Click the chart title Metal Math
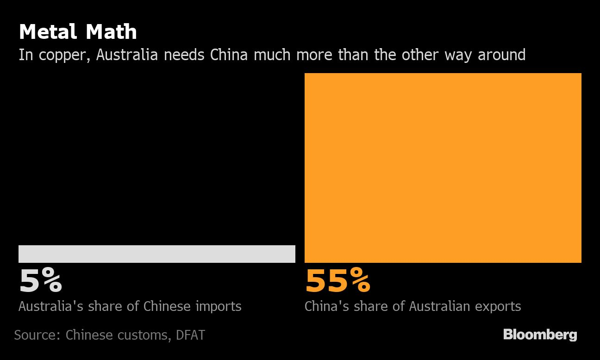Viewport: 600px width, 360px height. click(x=78, y=32)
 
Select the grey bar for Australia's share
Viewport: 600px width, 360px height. click(x=156, y=254)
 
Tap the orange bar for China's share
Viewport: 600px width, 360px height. click(x=443, y=168)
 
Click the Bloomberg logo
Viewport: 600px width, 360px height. click(x=540, y=335)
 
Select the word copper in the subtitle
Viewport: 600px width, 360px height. click(x=65, y=55)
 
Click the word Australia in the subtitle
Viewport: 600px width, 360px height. click(x=127, y=55)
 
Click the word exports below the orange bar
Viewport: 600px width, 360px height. click(x=498, y=306)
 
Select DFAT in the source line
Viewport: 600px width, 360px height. click(x=190, y=335)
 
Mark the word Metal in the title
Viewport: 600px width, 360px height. click(x=47, y=32)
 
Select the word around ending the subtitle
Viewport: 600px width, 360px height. click(x=501, y=55)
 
